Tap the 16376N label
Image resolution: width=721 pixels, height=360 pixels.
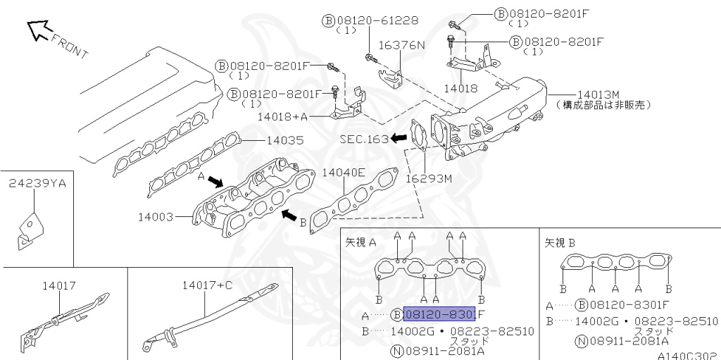402,45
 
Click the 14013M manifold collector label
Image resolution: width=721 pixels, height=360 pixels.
598,94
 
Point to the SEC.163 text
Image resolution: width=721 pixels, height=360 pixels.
363,139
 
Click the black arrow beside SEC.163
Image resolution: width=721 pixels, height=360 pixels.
400,138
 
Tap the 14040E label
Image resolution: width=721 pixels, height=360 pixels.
344,172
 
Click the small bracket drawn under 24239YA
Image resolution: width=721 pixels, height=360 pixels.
28,230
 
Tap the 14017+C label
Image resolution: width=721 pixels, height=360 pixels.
207,285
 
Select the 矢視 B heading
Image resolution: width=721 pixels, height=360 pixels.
560,242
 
